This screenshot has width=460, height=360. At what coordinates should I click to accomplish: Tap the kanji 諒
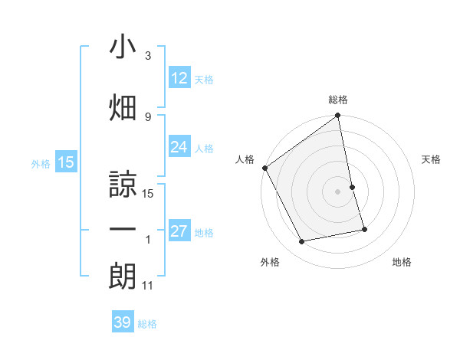pyautogui.click(x=123, y=184)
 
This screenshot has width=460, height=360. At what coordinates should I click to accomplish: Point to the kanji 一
pyautogui.click(x=123, y=231)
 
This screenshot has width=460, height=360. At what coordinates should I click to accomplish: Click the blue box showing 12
pyautogui.click(x=179, y=78)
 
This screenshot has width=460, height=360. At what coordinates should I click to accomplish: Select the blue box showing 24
pyautogui.click(x=179, y=147)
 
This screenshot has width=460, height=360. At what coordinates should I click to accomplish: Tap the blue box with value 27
pyautogui.click(x=179, y=231)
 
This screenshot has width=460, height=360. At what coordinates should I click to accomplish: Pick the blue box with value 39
pyautogui.click(x=123, y=322)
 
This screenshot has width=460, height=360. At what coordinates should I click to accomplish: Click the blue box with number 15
pyautogui.click(x=65, y=162)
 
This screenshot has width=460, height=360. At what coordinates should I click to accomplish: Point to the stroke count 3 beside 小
pyautogui.click(x=148, y=56)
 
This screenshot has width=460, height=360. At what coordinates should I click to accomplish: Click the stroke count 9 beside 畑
pyautogui.click(x=148, y=116)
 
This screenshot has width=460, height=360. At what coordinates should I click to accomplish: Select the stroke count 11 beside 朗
pyautogui.click(x=148, y=286)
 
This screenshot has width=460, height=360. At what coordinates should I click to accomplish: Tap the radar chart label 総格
pyautogui.click(x=338, y=100)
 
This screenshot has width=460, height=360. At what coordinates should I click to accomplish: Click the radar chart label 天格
pyautogui.click(x=432, y=159)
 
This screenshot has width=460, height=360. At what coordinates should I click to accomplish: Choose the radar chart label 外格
pyautogui.click(x=270, y=262)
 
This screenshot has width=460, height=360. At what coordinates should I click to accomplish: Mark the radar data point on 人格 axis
pyautogui.click(x=264, y=168)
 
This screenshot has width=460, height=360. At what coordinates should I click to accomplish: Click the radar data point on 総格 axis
pyautogui.click(x=338, y=116)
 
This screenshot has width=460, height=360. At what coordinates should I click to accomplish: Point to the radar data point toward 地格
pyautogui.click(x=364, y=228)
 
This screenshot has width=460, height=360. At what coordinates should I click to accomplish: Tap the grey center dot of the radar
pyautogui.click(x=338, y=191)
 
